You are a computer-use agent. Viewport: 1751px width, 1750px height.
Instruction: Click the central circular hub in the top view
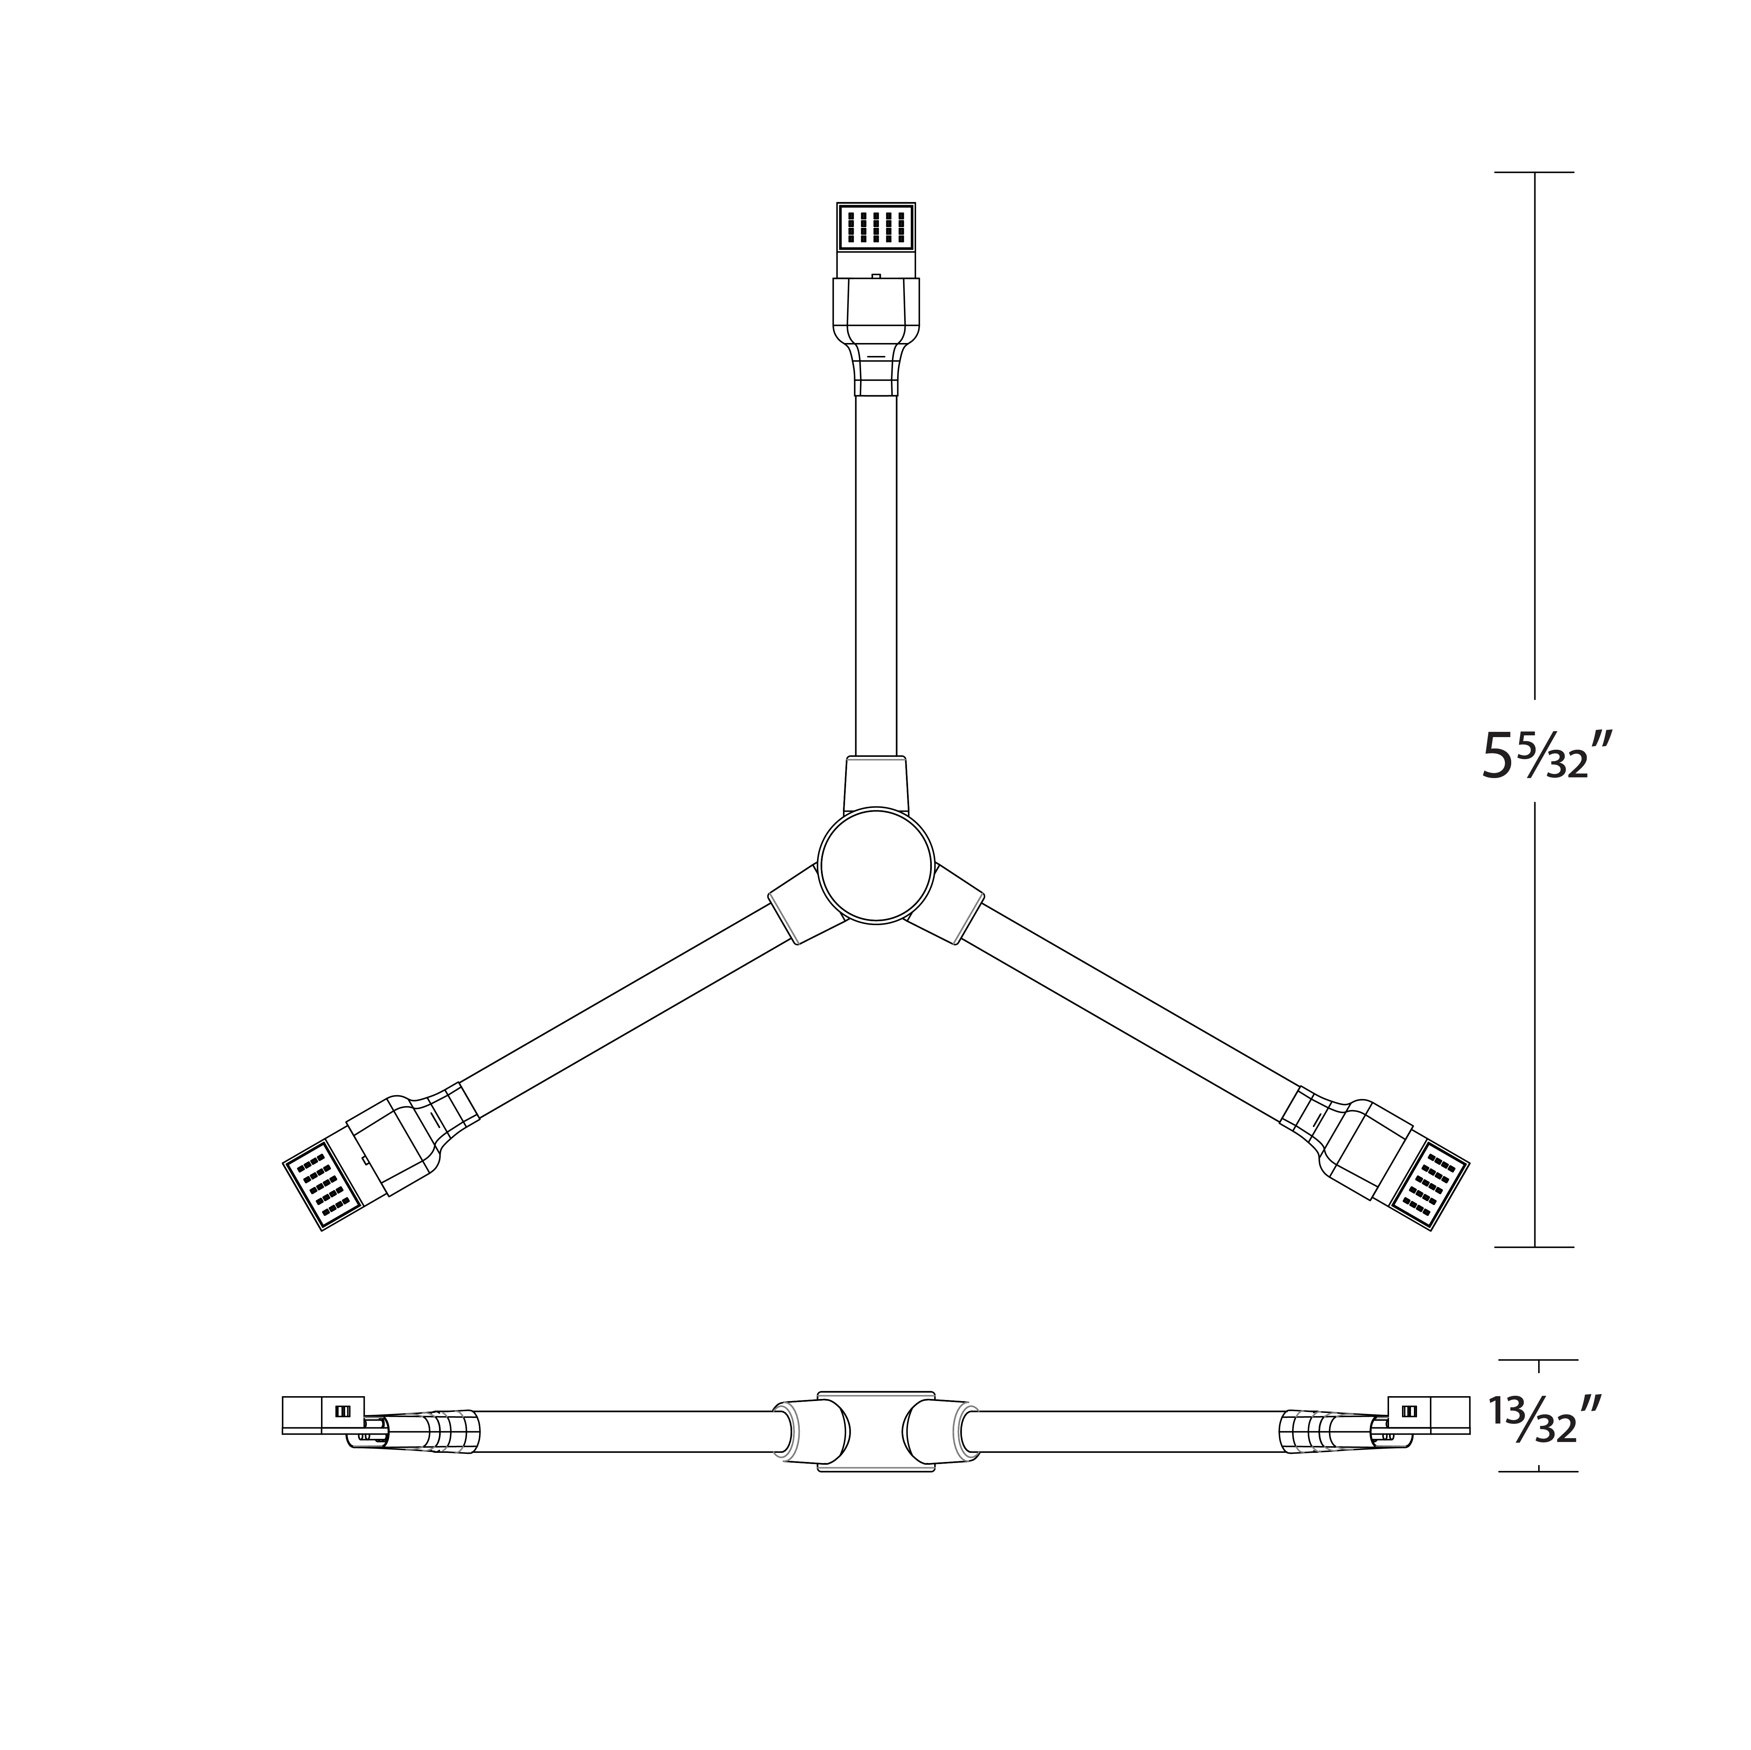click(875, 866)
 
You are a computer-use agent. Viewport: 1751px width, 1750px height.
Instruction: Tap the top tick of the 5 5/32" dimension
click(1534, 172)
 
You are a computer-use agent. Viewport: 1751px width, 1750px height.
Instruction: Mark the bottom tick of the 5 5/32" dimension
click(1534, 1247)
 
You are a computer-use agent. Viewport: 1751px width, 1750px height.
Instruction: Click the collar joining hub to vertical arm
click(875, 784)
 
